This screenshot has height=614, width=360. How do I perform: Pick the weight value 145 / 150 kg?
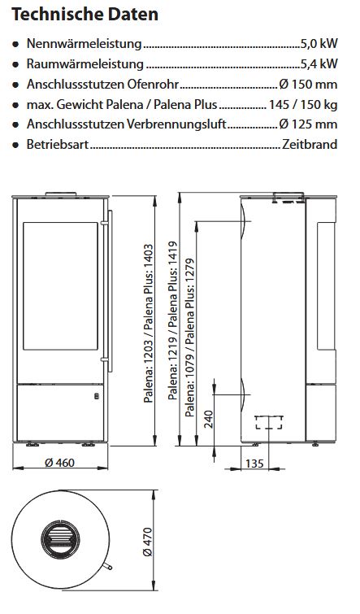click(x=303, y=104)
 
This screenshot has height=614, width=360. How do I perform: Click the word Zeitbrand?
click(x=309, y=145)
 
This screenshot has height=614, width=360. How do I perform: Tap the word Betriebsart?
click(x=58, y=145)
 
